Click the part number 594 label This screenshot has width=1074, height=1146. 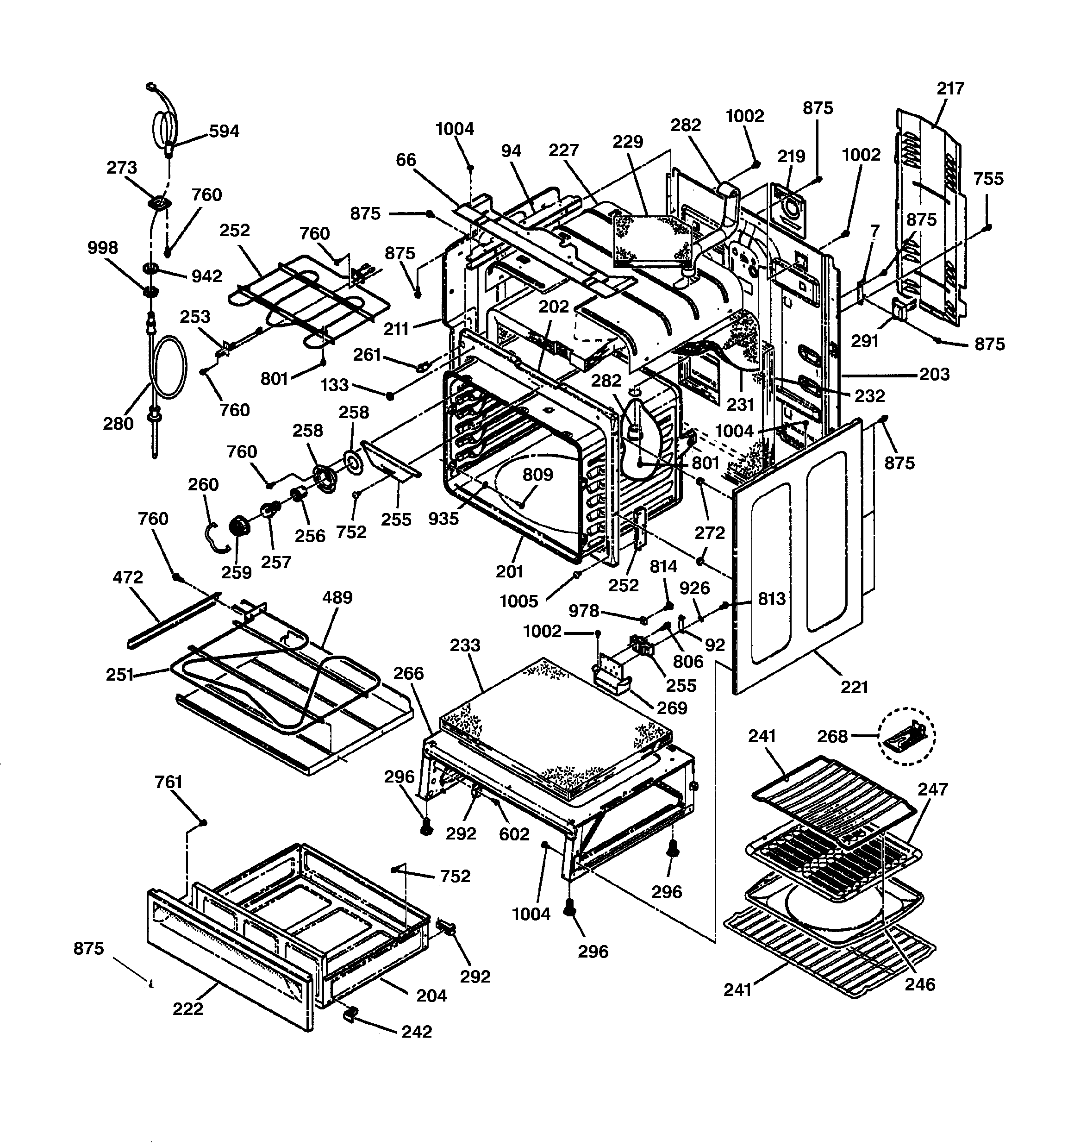click(224, 132)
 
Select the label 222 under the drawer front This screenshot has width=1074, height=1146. click(188, 1008)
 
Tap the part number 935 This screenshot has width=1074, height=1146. click(443, 519)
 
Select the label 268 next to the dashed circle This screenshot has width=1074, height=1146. click(832, 736)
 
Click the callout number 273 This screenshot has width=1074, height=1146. click(122, 168)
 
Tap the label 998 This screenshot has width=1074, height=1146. click(103, 247)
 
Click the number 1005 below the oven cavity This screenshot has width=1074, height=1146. click(518, 601)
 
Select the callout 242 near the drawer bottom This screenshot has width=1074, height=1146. click(416, 1031)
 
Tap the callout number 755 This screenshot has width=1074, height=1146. click(988, 179)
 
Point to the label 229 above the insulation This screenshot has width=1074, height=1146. click(628, 141)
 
